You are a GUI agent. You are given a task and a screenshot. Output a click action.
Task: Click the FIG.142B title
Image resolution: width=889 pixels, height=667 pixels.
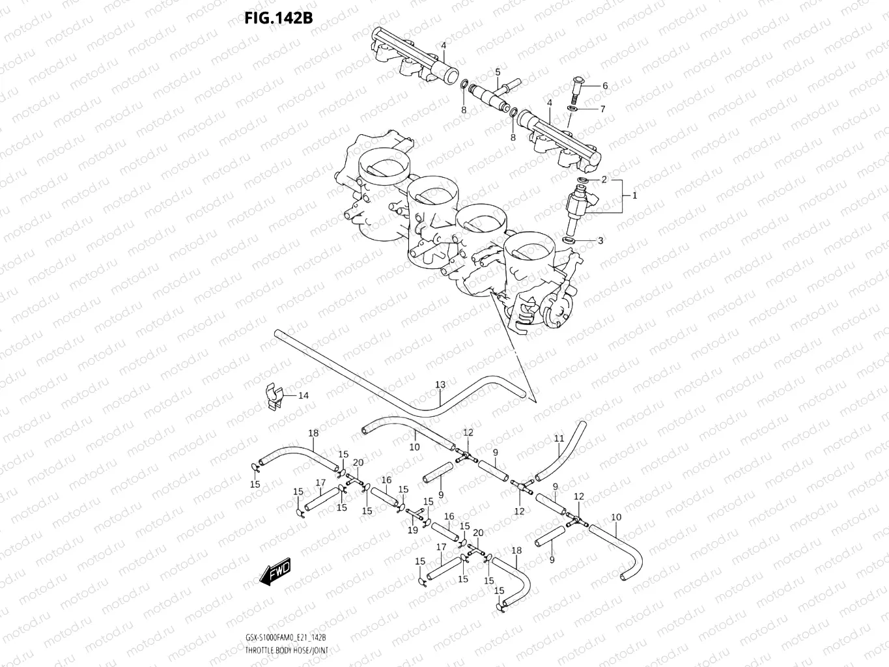278,18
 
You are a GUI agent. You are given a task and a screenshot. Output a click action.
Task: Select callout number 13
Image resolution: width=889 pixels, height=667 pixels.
440,385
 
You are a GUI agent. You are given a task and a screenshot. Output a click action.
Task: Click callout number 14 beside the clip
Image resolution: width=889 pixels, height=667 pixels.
303,395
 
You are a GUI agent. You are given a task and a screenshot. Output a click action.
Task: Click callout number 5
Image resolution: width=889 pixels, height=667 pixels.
498,72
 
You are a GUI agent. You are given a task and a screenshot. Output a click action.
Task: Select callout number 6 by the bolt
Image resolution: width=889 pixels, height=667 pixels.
605,86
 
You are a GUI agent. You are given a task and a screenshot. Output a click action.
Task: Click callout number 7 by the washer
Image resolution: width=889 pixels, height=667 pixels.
602,109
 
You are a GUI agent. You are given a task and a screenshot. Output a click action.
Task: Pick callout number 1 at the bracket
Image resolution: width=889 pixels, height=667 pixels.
634,195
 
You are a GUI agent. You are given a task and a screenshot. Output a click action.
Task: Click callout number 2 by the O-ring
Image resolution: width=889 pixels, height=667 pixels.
604,180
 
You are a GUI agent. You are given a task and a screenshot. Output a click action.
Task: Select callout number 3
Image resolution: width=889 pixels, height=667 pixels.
600,240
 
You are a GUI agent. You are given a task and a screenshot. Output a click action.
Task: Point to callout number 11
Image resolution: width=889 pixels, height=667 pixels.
559,439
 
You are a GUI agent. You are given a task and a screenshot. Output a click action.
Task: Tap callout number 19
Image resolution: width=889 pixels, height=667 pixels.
412,530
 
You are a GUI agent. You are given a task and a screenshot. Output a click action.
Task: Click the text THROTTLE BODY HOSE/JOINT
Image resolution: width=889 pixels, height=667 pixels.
287,651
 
